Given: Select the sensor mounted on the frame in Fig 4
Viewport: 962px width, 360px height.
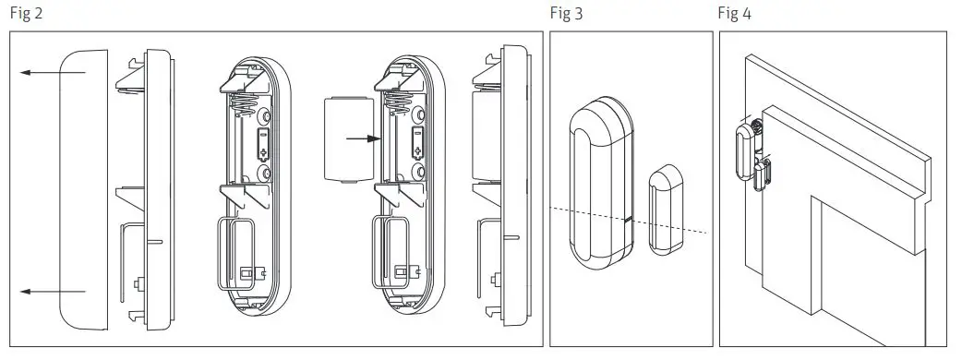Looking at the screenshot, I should click(742, 150).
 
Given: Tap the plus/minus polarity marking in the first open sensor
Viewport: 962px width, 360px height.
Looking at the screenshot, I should click(262, 144).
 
